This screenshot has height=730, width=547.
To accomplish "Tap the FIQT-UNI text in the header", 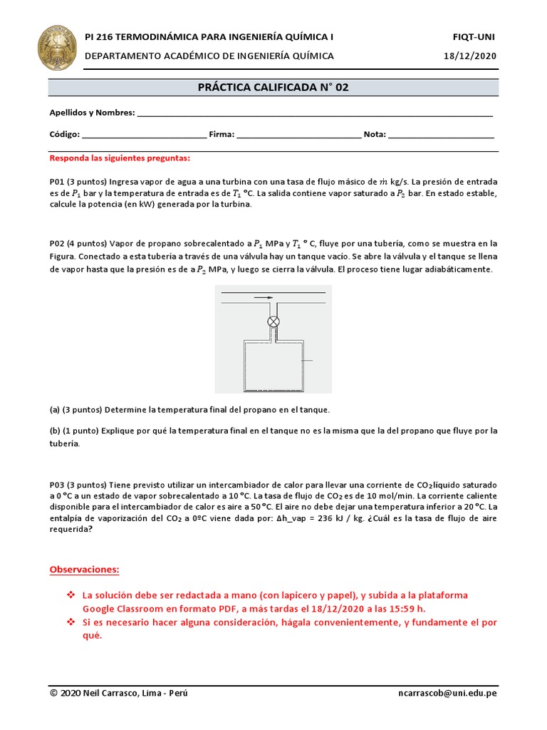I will tap(474, 36).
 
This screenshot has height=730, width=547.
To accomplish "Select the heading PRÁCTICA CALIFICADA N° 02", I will tap(273, 87).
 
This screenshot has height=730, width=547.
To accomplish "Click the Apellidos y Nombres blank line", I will tap(314, 113).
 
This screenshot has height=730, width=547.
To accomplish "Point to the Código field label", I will tap(64, 134).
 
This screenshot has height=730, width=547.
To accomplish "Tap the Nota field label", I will tap(375, 134).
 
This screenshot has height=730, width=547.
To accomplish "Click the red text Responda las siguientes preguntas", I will tap(120, 158).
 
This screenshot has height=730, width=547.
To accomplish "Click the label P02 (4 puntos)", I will tap(78, 244).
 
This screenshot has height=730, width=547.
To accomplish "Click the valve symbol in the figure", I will tap(273, 322).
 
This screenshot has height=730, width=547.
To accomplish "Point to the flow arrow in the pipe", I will tap(264, 298).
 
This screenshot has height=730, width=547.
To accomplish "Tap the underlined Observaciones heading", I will tap(84, 570).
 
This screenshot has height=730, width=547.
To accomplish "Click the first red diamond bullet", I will tap(71, 595).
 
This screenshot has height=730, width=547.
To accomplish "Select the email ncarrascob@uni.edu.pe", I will tap(448, 694).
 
